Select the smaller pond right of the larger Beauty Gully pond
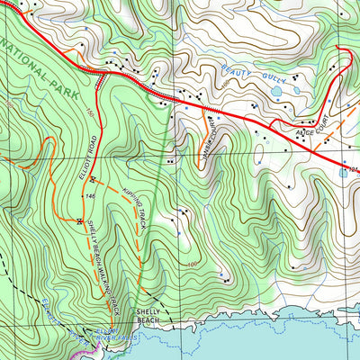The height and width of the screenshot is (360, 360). (295, 90)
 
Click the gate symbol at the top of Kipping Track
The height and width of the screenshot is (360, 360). (92, 178)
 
